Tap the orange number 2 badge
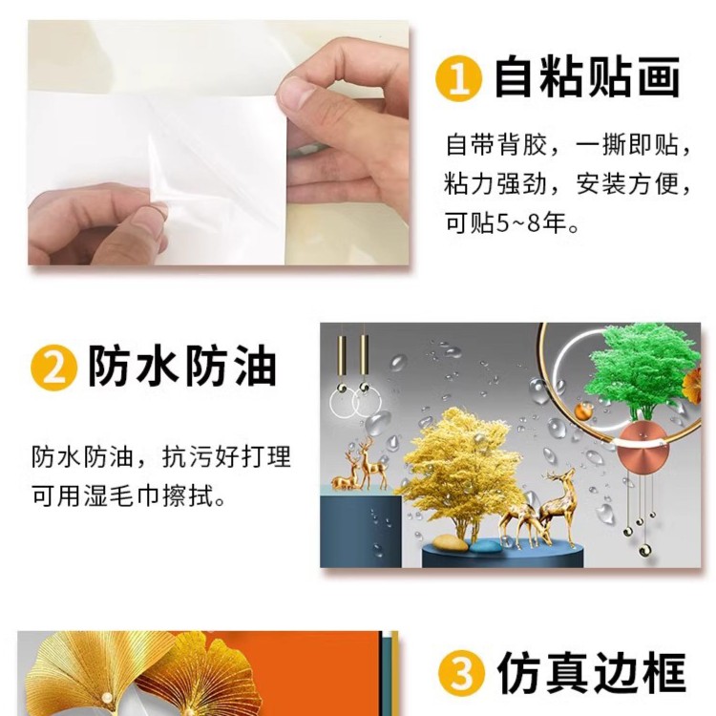point(53,368)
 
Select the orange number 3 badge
point(461,673)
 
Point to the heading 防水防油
point(182,368)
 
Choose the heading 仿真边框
point(591,673)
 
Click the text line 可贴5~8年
point(512,223)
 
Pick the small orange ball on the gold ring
point(583,411)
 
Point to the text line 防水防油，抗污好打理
point(161,456)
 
